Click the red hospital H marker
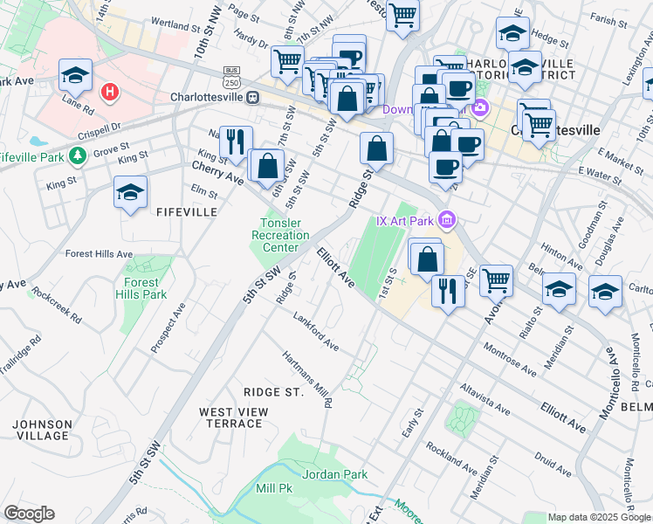coord(110,92)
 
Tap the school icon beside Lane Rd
coord(76,76)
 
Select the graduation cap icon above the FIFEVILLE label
coord(130,193)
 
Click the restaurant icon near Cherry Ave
coord(235,143)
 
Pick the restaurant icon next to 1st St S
coord(448,291)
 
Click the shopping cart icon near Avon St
coord(496,280)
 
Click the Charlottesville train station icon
coord(252,97)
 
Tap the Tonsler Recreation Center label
coord(280,235)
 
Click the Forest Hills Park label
coord(141,288)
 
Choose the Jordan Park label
coord(334,474)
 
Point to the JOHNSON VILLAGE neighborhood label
coord(42,430)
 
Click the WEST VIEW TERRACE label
coord(230,417)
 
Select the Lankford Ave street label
coord(316,332)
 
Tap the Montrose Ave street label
coord(511,358)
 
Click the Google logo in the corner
coord(29,514)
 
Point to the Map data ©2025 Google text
coord(598,517)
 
